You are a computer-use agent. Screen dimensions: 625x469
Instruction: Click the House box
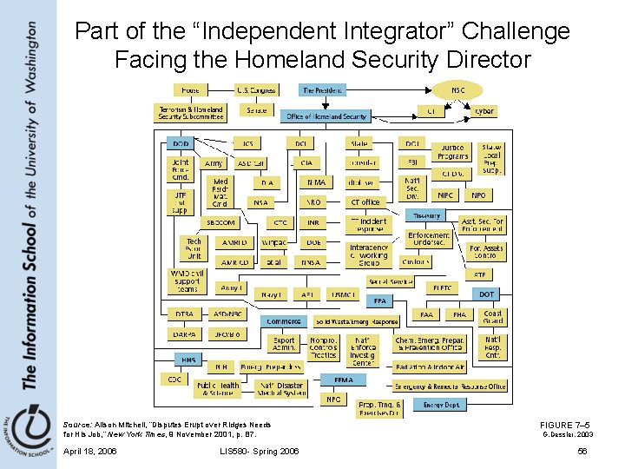188,90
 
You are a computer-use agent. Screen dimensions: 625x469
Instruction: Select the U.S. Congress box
256,90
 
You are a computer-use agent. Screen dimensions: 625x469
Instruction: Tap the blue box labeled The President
323,90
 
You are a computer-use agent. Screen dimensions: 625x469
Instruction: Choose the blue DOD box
181,143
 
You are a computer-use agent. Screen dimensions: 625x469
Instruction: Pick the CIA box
306,162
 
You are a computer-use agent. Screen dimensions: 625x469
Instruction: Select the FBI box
412,162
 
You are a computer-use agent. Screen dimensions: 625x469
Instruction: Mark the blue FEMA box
343,380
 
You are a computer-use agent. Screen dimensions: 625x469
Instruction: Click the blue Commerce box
284,320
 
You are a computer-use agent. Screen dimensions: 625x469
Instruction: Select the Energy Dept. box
442,405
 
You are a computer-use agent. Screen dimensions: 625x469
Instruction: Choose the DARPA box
183,334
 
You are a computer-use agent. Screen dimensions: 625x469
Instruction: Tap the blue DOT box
486,294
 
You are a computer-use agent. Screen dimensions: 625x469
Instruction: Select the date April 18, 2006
90,452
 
